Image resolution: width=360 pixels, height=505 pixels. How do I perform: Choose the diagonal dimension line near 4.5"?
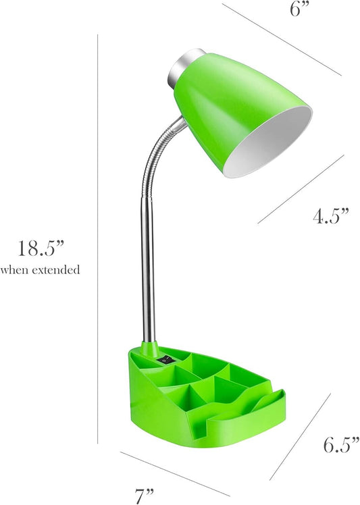(301, 188)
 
